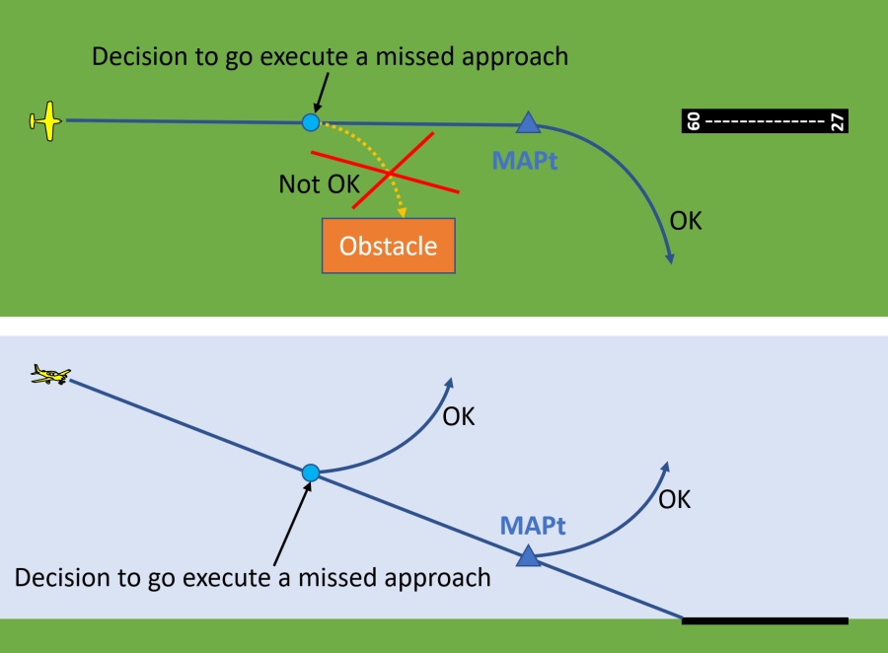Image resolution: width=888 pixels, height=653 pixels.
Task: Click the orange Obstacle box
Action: [389, 246]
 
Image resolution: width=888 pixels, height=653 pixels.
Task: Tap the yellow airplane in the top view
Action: [45, 120]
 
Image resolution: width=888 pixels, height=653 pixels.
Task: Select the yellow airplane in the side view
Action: [50, 375]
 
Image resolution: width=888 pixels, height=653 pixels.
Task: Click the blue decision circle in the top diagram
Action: [311, 122]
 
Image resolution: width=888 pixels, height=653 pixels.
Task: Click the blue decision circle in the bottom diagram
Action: [311, 472]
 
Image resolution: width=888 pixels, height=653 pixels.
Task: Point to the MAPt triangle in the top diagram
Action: [528, 123]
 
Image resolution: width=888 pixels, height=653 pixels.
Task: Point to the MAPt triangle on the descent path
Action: [528, 556]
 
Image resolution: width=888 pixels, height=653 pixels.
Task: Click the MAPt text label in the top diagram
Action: [525, 160]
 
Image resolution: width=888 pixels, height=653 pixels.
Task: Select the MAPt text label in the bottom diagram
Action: [533, 525]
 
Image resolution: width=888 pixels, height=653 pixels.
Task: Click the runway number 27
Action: [837, 121]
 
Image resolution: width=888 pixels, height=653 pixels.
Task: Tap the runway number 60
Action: [693, 121]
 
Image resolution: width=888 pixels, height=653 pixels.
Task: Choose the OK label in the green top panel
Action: [686, 220]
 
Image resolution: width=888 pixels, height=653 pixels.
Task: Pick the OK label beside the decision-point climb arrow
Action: [459, 416]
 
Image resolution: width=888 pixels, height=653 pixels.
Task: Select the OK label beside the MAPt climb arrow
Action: [674, 499]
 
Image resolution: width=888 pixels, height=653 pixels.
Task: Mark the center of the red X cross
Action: [391, 173]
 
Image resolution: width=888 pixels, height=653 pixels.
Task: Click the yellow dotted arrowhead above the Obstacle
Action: [403, 211]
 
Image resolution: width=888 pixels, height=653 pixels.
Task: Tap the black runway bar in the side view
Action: [765, 620]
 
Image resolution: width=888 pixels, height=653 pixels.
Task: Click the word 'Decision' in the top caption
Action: [137, 56]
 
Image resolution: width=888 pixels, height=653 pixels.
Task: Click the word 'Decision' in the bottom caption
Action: [60, 577]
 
